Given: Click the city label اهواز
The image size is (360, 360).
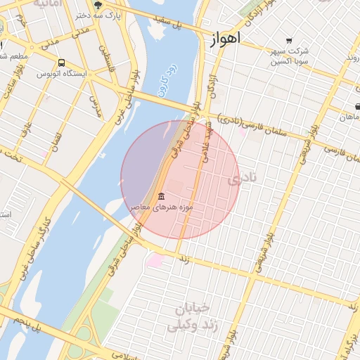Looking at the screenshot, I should tap(225, 39).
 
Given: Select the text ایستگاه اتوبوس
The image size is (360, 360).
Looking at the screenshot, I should tap(65, 74).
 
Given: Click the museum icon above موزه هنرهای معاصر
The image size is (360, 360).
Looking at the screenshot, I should tap(162, 196).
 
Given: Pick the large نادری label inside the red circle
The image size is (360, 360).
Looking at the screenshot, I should tap(242, 179).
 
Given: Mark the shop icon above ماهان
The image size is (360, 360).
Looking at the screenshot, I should tap(358, 107).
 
